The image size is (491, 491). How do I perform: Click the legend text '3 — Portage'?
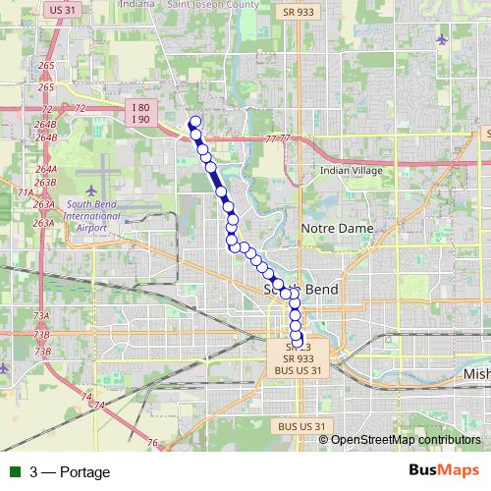pyautogui.click(x=70, y=472)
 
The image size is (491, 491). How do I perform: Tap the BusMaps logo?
pyautogui.click(x=445, y=471)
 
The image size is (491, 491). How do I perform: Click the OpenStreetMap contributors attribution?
pyautogui.click(x=406, y=439)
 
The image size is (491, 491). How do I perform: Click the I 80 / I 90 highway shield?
pyautogui.click(x=140, y=112)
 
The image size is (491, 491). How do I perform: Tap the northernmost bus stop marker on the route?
pyautogui.click(x=194, y=122)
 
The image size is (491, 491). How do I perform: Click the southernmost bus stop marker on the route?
pyautogui.click(x=298, y=341)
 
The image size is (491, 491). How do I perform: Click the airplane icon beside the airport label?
pyautogui.click(x=92, y=189)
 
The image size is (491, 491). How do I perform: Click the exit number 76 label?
pyautogui.click(x=152, y=443)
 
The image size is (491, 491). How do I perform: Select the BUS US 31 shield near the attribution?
pyautogui.click(x=299, y=426)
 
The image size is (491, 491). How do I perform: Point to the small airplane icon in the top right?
pyautogui.click(x=440, y=40)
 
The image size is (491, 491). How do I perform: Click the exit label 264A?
pyautogui.click(x=45, y=170)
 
